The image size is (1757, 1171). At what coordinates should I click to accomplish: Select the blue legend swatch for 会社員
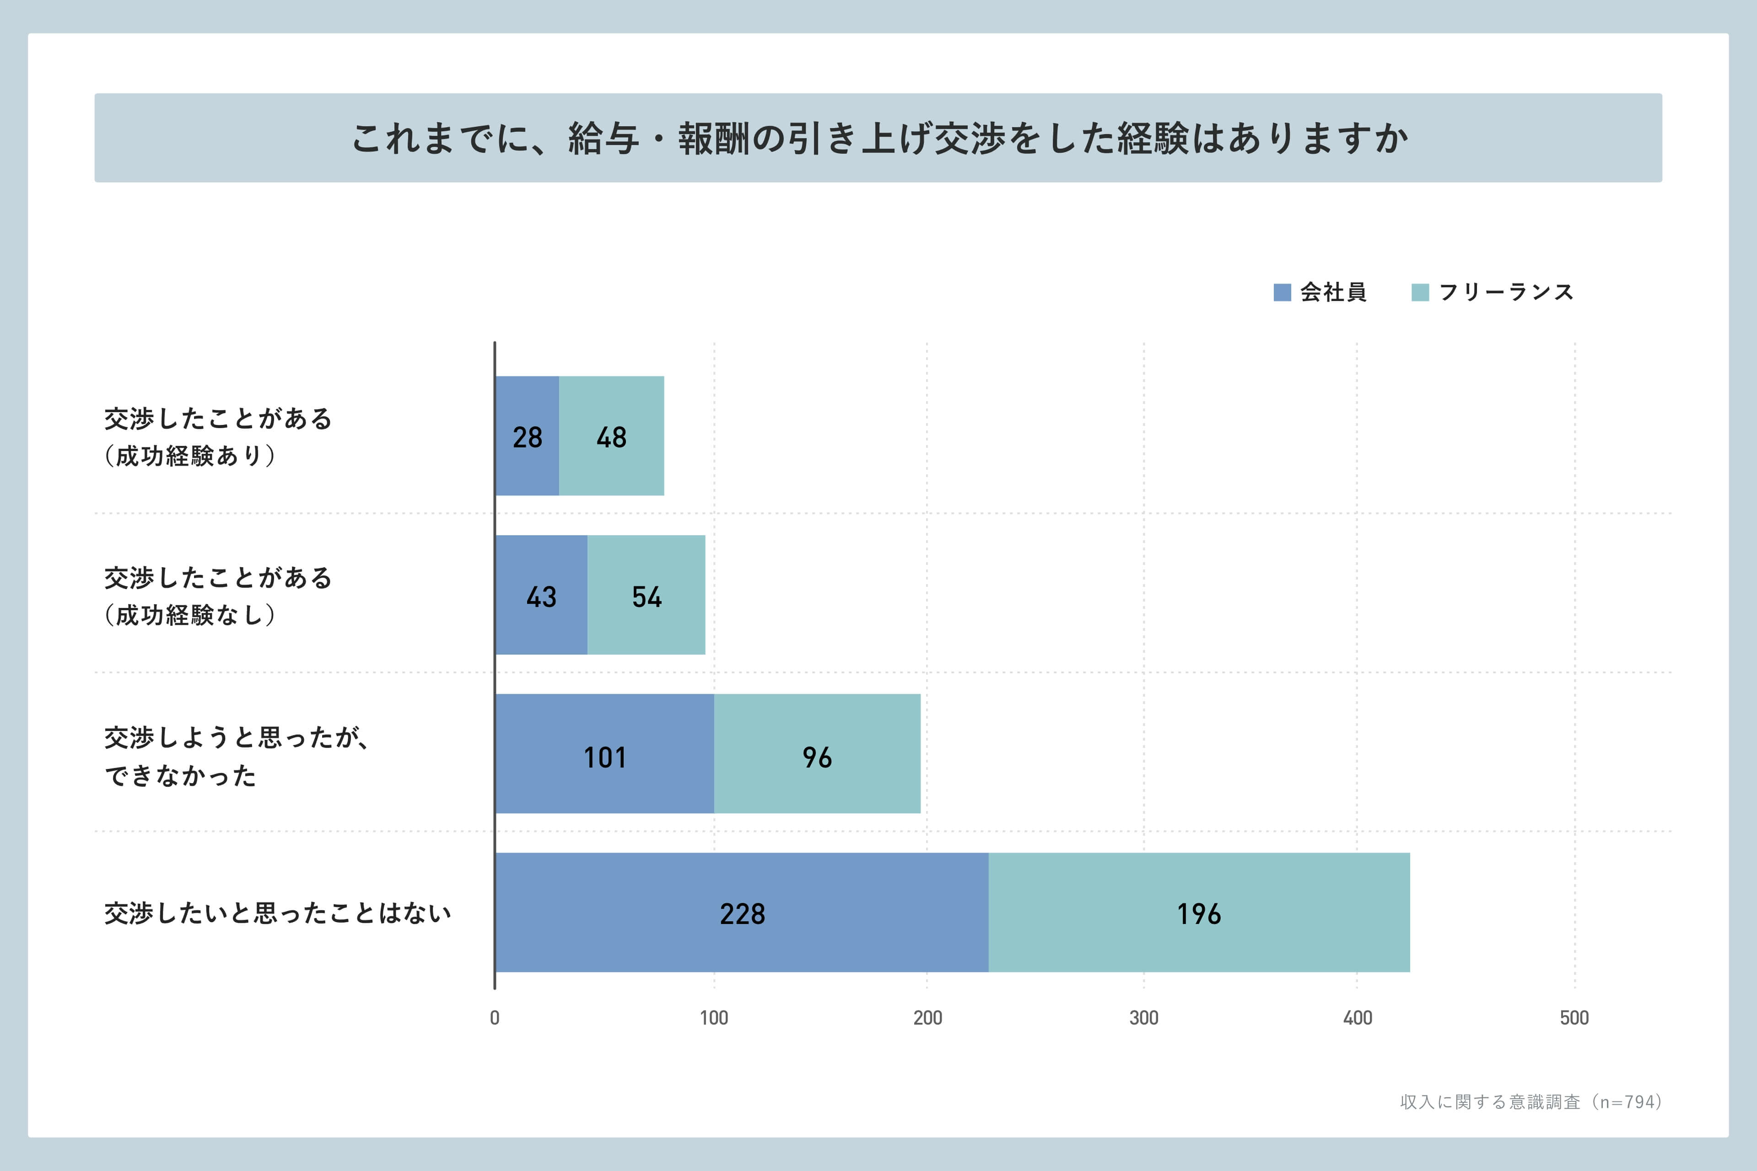[1282, 292]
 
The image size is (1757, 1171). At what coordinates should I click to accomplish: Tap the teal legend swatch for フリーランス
[1420, 292]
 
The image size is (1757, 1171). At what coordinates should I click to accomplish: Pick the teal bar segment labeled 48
[611, 436]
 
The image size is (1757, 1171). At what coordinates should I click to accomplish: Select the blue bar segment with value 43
[541, 595]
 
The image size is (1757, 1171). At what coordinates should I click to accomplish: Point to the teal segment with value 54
[646, 595]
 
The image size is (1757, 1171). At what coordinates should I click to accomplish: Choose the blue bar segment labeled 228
[742, 913]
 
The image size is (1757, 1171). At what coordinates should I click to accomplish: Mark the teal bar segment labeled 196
[1199, 913]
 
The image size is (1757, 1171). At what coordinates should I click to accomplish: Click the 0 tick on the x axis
[495, 1018]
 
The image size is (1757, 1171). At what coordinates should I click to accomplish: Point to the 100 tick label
[713, 1018]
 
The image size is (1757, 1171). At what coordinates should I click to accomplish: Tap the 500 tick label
[1574, 1018]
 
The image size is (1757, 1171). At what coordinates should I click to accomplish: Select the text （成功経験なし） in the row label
[190, 615]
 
